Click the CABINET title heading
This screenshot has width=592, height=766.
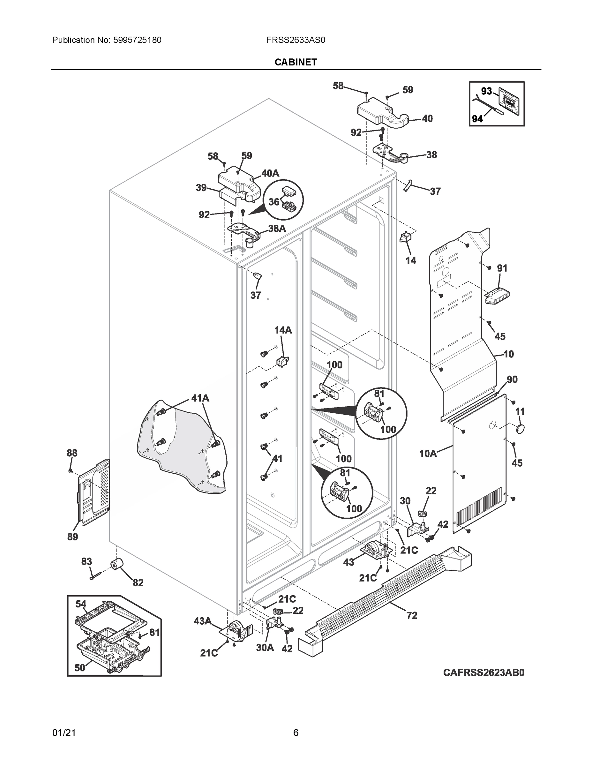point(296,62)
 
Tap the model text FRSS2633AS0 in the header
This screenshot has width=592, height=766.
point(296,40)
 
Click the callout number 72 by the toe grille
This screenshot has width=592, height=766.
point(412,615)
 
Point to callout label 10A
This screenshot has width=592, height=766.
point(428,454)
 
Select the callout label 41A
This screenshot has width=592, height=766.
point(200,398)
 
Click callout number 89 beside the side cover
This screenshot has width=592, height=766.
point(72,537)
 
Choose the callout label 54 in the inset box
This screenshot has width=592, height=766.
point(81,604)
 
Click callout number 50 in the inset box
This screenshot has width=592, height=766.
point(79,668)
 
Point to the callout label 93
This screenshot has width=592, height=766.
point(486,91)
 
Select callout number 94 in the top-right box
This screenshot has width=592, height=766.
point(477,119)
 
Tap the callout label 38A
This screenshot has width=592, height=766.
point(277,228)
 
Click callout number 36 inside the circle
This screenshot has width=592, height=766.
point(274,202)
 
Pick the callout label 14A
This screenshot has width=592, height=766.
point(283,330)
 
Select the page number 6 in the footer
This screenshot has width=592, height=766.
point(296,733)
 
